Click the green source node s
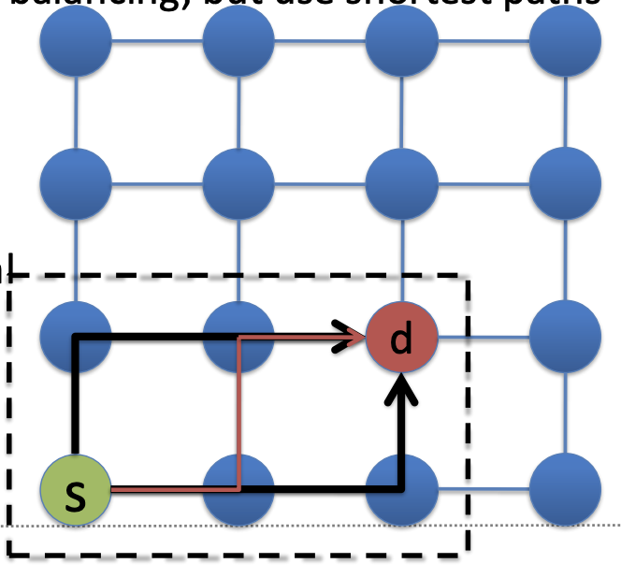(76, 489)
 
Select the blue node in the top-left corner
(76, 41)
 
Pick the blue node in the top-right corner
(565, 41)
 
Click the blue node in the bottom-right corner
(565, 489)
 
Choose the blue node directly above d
(401, 182)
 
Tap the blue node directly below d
(401, 489)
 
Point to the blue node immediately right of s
(238, 489)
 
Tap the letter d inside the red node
(401, 339)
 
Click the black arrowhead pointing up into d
(401, 385)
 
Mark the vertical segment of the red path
(240, 412)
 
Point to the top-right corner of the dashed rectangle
(466, 276)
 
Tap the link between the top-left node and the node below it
(76, 111)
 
